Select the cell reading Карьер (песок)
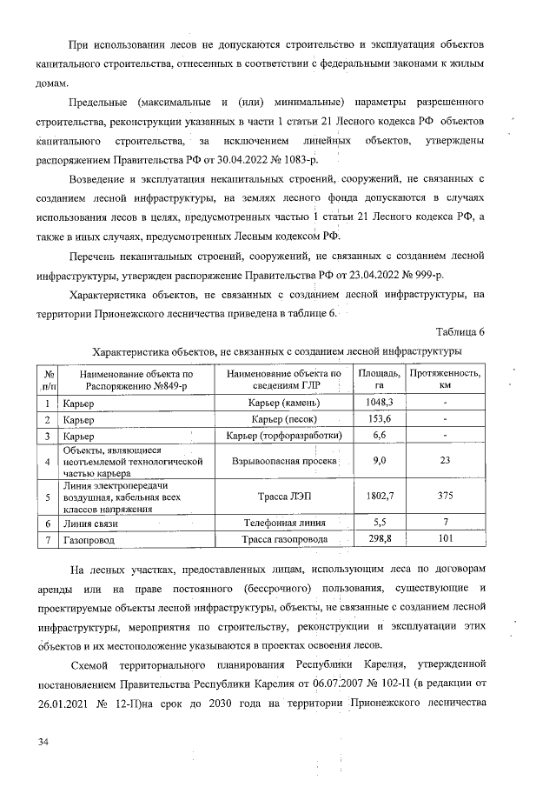click(284, 418)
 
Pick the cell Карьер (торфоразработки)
click(284, 434)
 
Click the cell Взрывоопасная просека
click(284, 461)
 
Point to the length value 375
click(445, 497)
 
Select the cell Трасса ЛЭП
click(284, 497)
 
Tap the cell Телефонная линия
click(284, 524)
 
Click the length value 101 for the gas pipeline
click(445, 540)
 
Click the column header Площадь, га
click(379, 378)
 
